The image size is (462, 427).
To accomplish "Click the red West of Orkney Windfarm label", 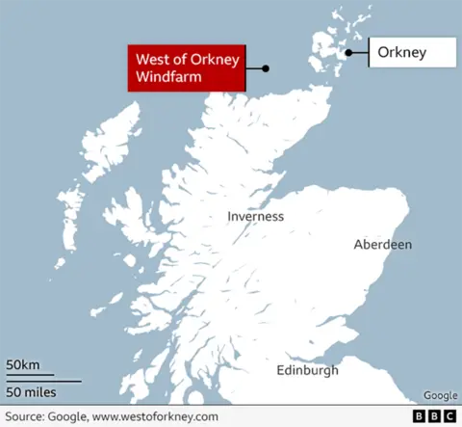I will tap(184, 67).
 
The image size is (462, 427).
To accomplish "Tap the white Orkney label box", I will tap(413, 53).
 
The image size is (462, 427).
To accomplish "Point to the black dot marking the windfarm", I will tap(266, 68).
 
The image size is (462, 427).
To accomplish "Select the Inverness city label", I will tap(255, 216).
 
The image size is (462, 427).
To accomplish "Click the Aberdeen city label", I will tap(382, 244).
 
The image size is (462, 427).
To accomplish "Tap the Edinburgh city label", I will tap(307, 370).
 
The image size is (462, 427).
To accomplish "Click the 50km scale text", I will tap(23, 364).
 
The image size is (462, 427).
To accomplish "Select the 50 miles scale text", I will tap(31, 391).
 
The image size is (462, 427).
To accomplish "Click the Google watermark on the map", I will tap(440, 395).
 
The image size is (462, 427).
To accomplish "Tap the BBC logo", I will tap(434, 416).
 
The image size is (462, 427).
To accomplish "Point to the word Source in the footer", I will tap(26, 416).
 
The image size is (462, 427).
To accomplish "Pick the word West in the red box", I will tap(152, 60).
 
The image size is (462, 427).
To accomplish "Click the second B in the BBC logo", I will tap(434, 416).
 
